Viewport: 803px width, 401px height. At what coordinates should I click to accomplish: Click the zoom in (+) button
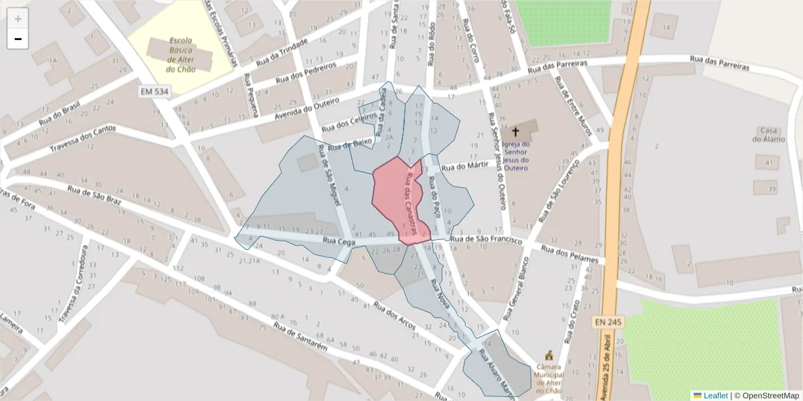click(x=18, y=19)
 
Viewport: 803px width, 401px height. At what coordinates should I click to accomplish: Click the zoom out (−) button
click(x=18, y=39)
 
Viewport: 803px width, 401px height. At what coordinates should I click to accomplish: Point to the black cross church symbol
click(x=515, y=131)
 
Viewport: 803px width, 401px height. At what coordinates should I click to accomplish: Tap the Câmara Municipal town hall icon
click(x=549, y=354)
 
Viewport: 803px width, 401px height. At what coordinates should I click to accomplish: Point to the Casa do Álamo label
click(x=766, y=134)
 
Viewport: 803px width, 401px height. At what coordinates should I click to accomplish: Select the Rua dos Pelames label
click(x=572, y=255)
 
